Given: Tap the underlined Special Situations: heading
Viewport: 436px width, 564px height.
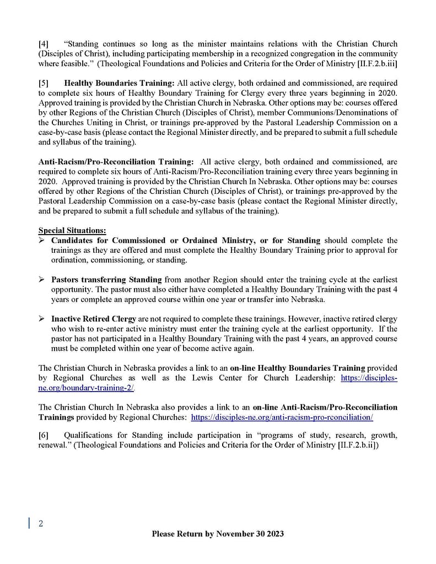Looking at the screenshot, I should (72, 230).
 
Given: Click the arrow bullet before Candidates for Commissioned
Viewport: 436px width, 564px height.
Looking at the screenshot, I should (42, 241).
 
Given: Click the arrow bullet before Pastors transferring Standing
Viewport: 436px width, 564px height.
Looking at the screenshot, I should (42, 280).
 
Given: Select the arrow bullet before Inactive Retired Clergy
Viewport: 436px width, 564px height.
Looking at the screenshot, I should (42, 319).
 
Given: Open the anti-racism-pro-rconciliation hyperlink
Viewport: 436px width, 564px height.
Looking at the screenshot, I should (282, 417).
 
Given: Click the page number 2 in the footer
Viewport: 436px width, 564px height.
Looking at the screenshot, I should (40, 524).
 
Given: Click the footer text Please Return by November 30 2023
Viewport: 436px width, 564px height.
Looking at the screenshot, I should (218, 534).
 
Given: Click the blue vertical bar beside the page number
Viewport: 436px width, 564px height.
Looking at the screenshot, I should (29, 524).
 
